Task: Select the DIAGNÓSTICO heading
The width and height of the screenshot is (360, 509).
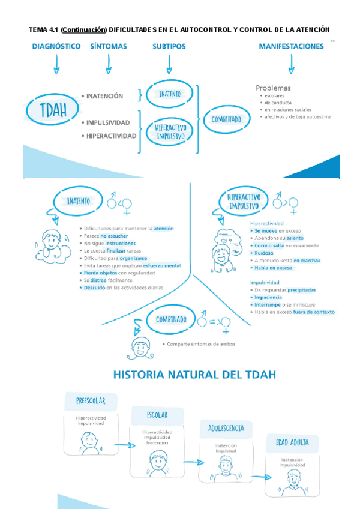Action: [x=56, y=46]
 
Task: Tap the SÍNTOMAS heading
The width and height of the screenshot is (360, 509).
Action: [x=109, y=46]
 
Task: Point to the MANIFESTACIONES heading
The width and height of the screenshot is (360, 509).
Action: [x=291, y=46]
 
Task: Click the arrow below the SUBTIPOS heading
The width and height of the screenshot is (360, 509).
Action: [x=169, y=64]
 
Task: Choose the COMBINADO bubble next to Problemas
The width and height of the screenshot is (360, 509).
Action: [x=226, y=119]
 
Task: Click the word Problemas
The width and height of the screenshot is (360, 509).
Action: [x=273, y=88]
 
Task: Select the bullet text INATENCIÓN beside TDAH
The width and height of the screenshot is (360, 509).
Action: [x=104, y=96]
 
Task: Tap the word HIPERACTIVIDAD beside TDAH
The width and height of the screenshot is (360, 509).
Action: [x=111, y=136]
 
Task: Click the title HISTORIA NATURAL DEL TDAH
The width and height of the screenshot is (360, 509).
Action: [x=195, y=375]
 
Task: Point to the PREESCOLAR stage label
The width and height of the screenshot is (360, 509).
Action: [x=91, y=400]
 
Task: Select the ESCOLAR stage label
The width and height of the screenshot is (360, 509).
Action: [x=157, y=415]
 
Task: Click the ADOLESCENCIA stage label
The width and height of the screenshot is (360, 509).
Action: [x=226, y=428]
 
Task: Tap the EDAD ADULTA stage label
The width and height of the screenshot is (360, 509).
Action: [x=292, y=443]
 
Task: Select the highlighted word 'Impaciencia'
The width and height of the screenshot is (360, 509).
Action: [x=268, y=297]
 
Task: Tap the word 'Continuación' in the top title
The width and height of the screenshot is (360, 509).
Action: [x=83, y=29]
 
